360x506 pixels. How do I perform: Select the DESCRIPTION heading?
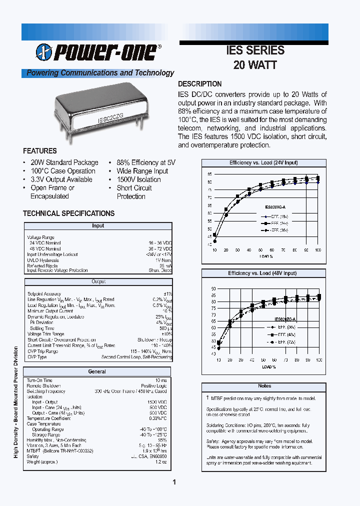tap(200, 84)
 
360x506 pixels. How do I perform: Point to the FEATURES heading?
tap(40, 150)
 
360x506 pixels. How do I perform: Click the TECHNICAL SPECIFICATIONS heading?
tap(68, 213)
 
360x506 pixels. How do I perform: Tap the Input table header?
tap(98, 226)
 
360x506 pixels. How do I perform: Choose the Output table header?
tap(98, 282)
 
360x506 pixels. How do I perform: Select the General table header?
tap(97, 371)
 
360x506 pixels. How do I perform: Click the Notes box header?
tap(264, 386)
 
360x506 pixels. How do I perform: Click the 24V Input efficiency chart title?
tap(263, 163)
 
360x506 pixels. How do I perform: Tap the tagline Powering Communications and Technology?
tap(100, 73)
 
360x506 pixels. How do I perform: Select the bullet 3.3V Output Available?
tap(61, 179)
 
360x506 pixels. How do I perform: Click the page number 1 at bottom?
tap(174, 482)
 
